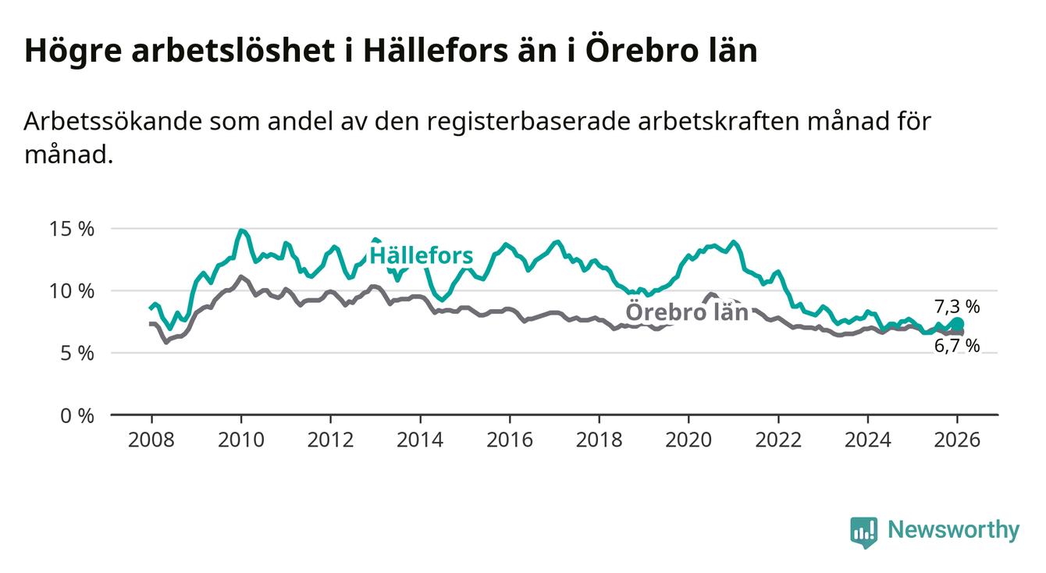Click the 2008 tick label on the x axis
tap(151, 440)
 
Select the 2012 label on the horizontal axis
tap(331, 440)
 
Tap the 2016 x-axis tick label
tap(510, 440)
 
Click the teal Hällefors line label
tap(421, 255)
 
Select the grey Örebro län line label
tap(687, 312)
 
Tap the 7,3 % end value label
tap(956, 306)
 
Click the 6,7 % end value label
tap(956, 346)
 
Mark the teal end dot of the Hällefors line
tap(958, 324)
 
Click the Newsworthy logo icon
tap(863, 532)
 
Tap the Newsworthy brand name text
tap(953, 531)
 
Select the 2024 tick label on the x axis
tap(868, 440)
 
